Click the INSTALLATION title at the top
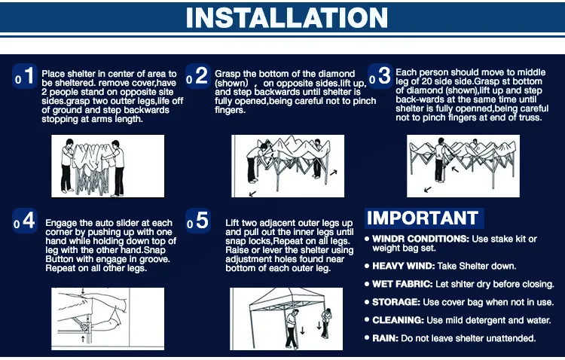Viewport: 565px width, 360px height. (x=286, y=17)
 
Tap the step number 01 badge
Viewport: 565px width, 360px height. (x=25, y=76)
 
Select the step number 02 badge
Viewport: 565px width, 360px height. (x=198, y=76)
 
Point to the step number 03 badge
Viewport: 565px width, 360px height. (x=380, y=76)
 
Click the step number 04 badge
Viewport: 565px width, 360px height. (x=25, y=221)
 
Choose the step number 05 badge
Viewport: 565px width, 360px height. (x=198, y=221)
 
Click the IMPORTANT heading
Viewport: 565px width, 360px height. (x=423, y=218)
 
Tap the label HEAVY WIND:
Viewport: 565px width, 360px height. (x=404, y=266)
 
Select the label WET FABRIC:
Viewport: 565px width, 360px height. (x=402, y=284)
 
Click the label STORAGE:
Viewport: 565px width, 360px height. (x=396, y=302)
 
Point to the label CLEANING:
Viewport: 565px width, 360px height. (x=398, y=320)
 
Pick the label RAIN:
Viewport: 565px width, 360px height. (x=385, y=338)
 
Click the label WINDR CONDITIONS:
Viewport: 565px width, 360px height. (x=420, y=239)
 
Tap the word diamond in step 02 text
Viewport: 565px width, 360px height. (x=337, y=74)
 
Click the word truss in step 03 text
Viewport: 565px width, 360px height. (x=530, y=117)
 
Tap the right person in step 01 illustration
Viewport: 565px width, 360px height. (x=116, y=168)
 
